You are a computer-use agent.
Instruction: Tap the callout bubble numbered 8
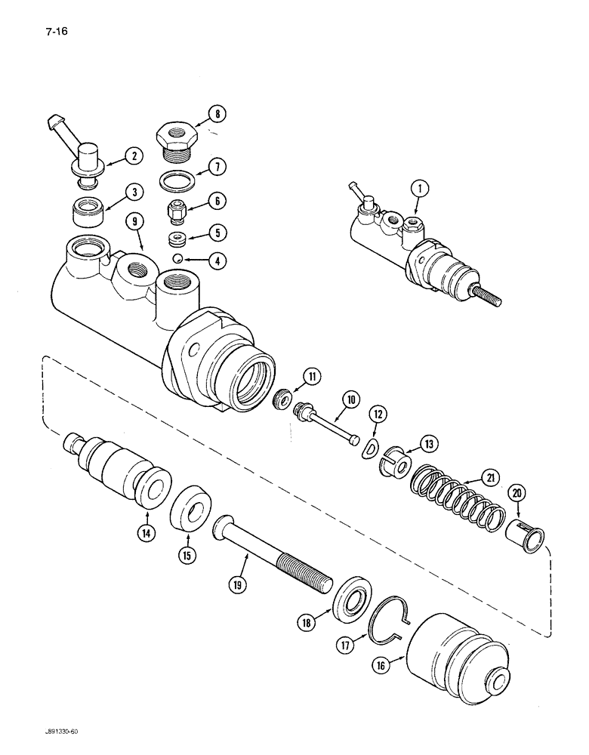(x=218, y=115)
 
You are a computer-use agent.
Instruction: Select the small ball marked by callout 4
(x=175, y=259)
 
